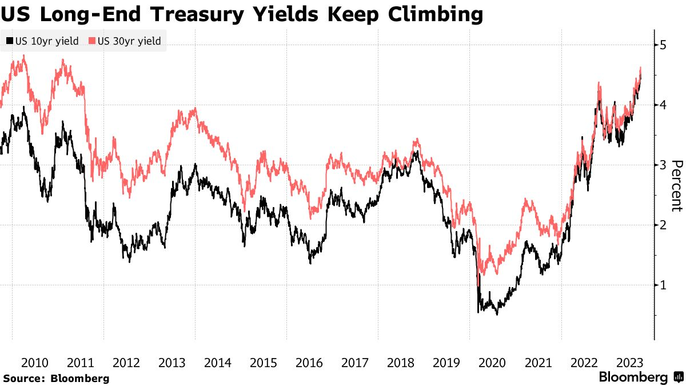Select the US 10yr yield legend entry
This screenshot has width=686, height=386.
pos(46,41)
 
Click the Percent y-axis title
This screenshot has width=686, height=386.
pos(676,185)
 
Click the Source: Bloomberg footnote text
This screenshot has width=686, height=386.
pos(56,379)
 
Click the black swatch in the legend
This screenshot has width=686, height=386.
pos(9,41)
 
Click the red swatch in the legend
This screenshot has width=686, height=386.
pos(93,41)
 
